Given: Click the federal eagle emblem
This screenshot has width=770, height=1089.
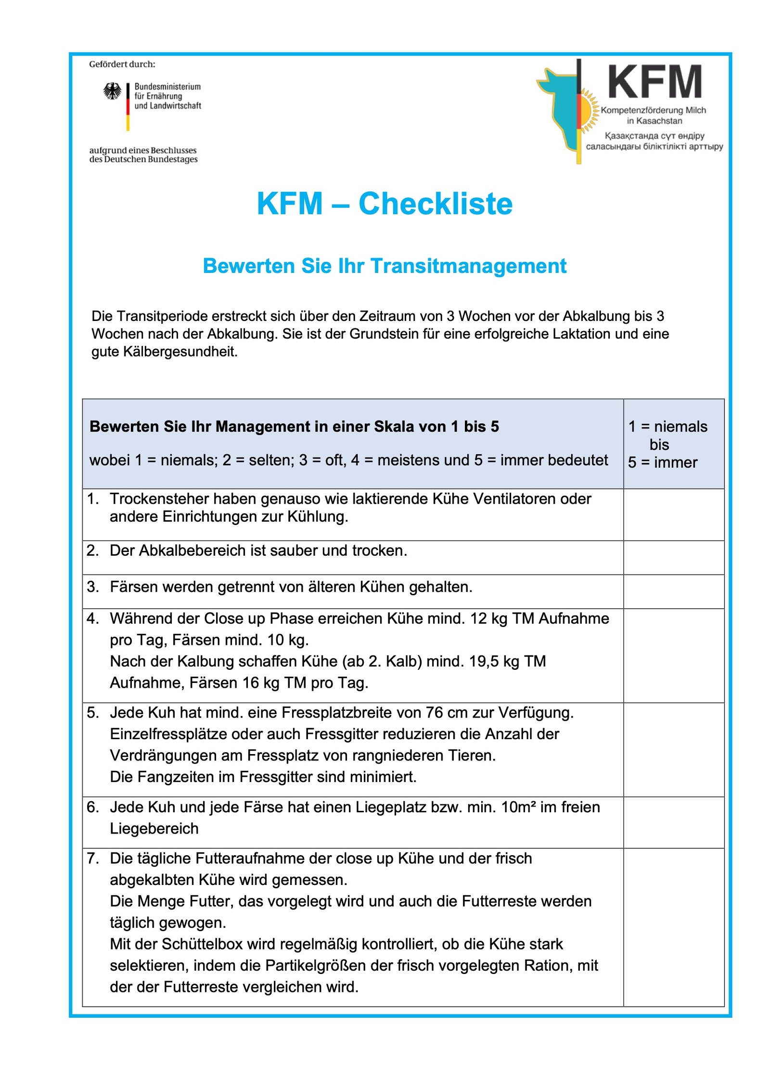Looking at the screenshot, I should (x=112, y=91).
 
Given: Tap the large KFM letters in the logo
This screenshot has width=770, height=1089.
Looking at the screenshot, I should (x=654, y=82).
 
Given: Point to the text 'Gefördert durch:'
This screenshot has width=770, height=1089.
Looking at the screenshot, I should (x=122, y=64).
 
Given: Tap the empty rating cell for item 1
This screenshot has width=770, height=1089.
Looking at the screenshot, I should (x=673, y=514).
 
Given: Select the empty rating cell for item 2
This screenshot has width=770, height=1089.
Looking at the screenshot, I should (x=673, y=557).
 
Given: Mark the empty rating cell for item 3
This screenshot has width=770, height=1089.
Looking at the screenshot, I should (x=673, y=591).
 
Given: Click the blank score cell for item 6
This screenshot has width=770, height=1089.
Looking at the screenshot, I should (x=673, y=822).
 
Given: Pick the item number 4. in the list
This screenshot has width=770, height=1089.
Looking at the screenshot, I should (x=93, y=619).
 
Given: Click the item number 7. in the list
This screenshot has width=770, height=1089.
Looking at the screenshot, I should (x=93, y=858).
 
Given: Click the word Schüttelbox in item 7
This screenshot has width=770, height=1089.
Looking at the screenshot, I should (x=202, y=944).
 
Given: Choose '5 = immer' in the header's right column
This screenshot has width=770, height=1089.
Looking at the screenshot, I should (x=662, y=462).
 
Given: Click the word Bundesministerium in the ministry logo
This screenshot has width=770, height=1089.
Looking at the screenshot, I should (x=167, y=87).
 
